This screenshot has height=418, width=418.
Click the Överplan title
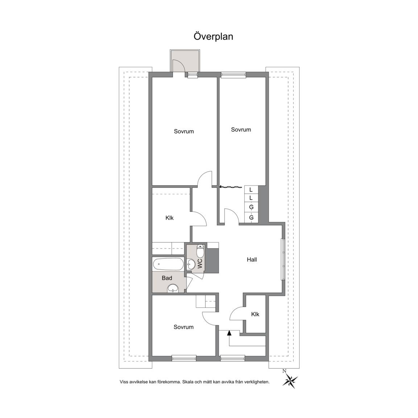point(213,37)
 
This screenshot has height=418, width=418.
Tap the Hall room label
point(252,260)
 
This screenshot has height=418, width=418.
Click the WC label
point(200,264)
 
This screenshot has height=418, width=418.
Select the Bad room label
point(167,278)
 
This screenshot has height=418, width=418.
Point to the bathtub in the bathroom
point(168,264)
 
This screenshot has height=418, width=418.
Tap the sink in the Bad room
point(173,288)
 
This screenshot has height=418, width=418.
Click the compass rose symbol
point(290,380)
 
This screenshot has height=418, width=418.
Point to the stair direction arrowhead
point(229,332)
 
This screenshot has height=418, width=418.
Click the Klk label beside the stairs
point(255,314)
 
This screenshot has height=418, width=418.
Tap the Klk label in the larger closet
point(169,218)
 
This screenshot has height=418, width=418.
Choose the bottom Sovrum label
point(183,327)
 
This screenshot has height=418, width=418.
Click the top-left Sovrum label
point(184,131)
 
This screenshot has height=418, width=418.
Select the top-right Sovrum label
point(241,130)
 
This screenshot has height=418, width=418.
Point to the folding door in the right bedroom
point(231,187)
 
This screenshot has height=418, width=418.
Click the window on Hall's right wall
point(283,259)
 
